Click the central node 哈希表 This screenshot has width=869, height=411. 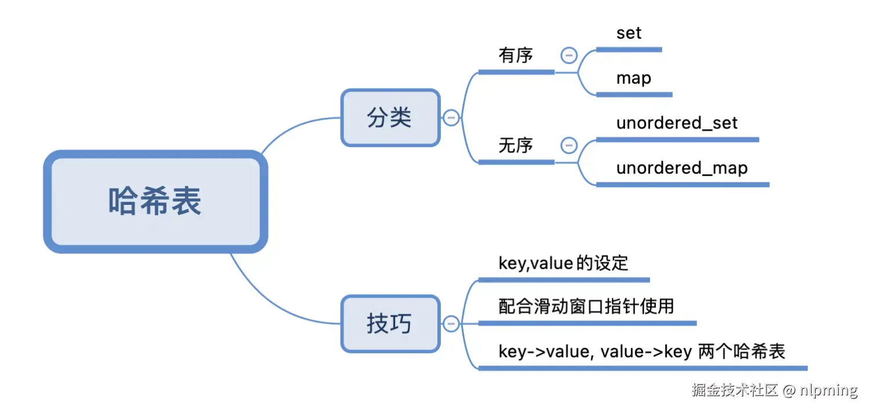[155, 201]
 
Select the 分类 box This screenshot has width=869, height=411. [390, 118]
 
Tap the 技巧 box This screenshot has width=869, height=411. [390, 324]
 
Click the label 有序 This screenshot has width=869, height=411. [516, 56]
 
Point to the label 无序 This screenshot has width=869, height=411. [516, 145]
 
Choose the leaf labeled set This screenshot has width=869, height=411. [629, 33]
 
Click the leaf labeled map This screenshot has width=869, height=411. [634, 78]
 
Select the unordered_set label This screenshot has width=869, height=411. [677, 123]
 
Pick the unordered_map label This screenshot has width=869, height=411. [682, 168]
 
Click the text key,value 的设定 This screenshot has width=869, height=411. [563, 263]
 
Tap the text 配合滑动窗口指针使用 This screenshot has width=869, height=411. [586, 306]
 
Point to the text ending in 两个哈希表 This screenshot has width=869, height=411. [642, 351]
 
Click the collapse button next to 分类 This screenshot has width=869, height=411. [451, 118]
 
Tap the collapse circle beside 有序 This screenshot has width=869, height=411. [569, 56]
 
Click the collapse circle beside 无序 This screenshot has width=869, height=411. [569, 145]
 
